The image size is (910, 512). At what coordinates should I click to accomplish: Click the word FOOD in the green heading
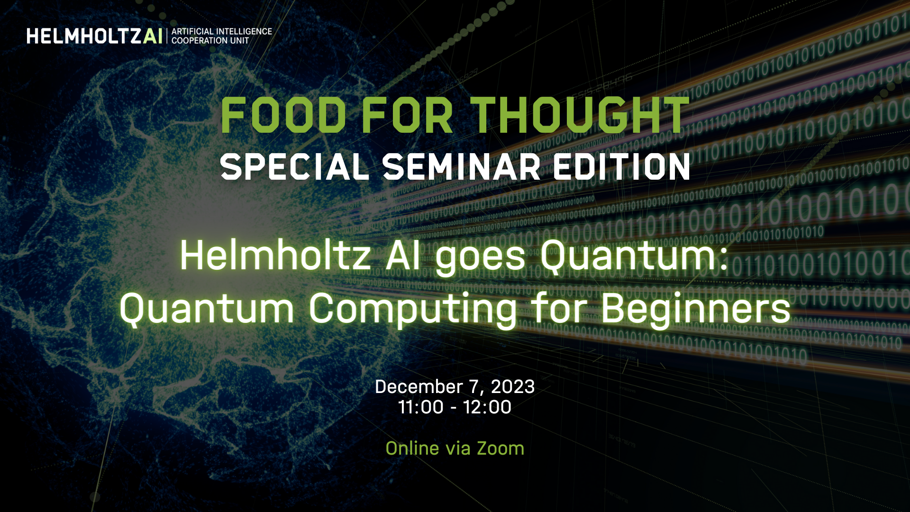click(x=283, y=115)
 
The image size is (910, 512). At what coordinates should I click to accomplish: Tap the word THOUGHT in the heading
click(x=579, y=115)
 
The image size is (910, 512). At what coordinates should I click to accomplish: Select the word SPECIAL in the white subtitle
click(x=294, y=167)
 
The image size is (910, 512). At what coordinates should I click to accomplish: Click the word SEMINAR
click(x=461, y=167)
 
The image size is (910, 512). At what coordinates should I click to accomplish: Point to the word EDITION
click(x=621, y=167)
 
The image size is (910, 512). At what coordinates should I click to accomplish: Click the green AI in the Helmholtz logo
click(x=153, y=36)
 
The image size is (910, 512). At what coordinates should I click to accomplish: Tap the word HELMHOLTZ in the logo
click(x=84, y=36)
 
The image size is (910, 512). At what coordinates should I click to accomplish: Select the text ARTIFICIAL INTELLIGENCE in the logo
click(x=222, y=31)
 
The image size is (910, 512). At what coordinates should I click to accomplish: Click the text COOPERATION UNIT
click(x=210, y=41)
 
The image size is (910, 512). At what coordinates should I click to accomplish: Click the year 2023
click(x=513, y=387)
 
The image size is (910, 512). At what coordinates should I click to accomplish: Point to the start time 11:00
click(x=421, y=407)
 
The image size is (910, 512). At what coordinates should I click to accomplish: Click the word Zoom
click(x=500, y=448)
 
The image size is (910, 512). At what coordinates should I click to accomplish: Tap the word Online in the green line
click(x=412, y=448)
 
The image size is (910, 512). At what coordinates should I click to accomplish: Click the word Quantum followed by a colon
click(x=634, y=256)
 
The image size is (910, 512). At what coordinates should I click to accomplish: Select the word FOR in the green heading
click(x=408, y=115)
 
